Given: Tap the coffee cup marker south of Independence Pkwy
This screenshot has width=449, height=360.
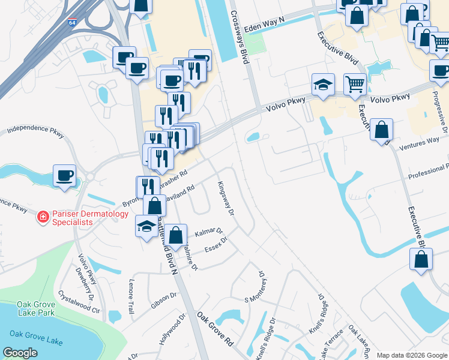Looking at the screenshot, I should (64, 176).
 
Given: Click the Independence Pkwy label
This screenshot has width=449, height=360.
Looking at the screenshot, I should (35, 130).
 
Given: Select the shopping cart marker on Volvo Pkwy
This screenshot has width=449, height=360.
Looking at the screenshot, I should (355, 85).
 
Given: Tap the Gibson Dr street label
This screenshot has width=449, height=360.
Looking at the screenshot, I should (164, 299).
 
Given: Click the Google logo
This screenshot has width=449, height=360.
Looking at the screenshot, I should (20, 353).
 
